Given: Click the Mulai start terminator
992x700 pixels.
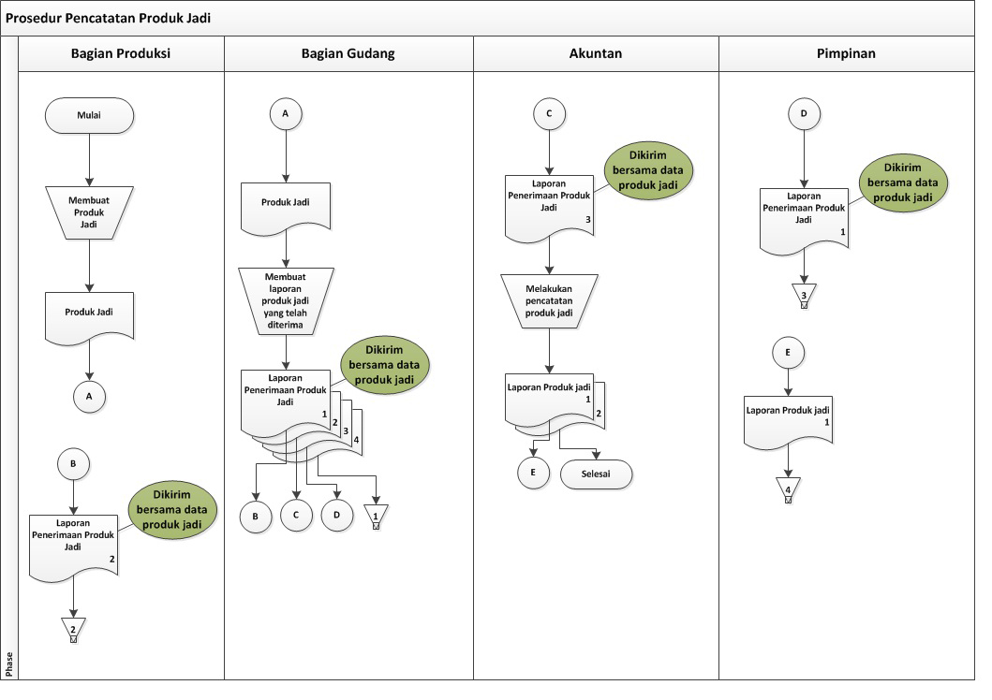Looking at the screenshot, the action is click(x=89, y=115).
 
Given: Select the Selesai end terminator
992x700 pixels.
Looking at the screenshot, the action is click(x=596, y=474).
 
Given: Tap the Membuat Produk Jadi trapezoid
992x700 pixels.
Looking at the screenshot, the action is click(x=89, y=212).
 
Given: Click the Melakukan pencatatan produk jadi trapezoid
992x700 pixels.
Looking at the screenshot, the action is click(x=549, y=300).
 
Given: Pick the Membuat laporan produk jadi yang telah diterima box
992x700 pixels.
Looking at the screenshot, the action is click(x=286, y=300).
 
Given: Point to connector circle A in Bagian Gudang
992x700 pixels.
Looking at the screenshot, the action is click(x=286, y=114).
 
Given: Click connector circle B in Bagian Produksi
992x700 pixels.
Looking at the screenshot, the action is click(x=73, y=464).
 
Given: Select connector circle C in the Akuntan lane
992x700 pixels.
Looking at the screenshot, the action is click(x=549, y=114).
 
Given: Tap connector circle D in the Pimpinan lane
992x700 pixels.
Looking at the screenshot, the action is click(x=804, y=114).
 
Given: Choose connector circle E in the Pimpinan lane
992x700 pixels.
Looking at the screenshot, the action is click(x=788, y=353).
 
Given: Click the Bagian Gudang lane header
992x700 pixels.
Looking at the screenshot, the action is click(x=348, y=53).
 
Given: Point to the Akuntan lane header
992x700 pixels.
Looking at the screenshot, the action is click(x=596, y=53).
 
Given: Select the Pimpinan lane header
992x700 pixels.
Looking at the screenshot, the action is click(x=847, y=53).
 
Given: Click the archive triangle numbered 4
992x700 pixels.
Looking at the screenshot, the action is click(x=789, y=489).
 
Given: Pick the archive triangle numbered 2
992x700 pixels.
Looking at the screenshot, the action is click(x=73, y=629).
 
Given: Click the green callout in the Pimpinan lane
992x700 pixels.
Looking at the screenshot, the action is click(x=903, y=182).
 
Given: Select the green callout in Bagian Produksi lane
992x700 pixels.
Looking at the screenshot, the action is click(x=172, y=510).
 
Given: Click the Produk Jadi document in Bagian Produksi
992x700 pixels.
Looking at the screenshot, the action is click(x=89, y=317).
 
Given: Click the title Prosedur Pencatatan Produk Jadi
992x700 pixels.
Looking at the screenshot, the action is click(x=108, y=18).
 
